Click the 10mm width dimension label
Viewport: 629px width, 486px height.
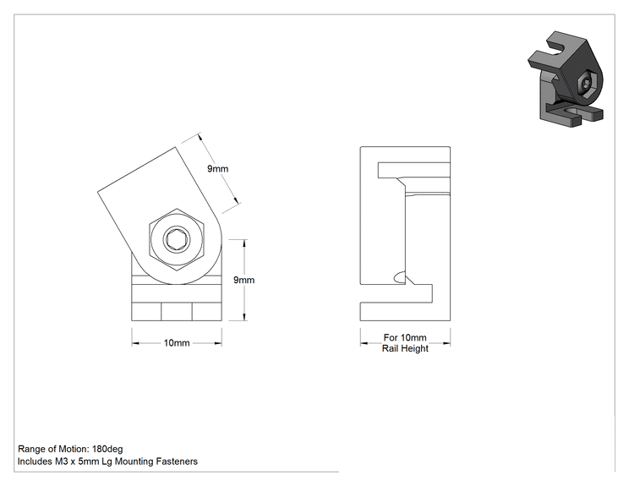coord(177,343)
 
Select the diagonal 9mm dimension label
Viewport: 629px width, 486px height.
coord(218,169)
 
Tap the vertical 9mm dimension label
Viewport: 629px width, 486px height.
coord(243,280)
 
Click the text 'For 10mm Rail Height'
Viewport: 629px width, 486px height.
coord(405,343)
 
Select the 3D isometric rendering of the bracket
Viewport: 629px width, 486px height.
coord(566,79)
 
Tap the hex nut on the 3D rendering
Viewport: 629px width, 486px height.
coord(587,85)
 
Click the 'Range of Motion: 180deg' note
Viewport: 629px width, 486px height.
coord(70,449)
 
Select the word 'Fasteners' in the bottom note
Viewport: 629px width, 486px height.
coord(177,461)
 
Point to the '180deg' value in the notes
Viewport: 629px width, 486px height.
coord(107,449)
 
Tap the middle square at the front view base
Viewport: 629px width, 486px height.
coord(177,312)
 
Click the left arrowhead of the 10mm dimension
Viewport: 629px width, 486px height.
coord(135,343)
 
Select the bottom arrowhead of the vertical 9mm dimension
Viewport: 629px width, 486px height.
coord(244,317)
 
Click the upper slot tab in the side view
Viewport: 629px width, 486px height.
coord(414,170)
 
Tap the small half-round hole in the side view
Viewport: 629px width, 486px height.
coord(399,277)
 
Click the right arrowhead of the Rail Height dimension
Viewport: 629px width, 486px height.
coord(446,343)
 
